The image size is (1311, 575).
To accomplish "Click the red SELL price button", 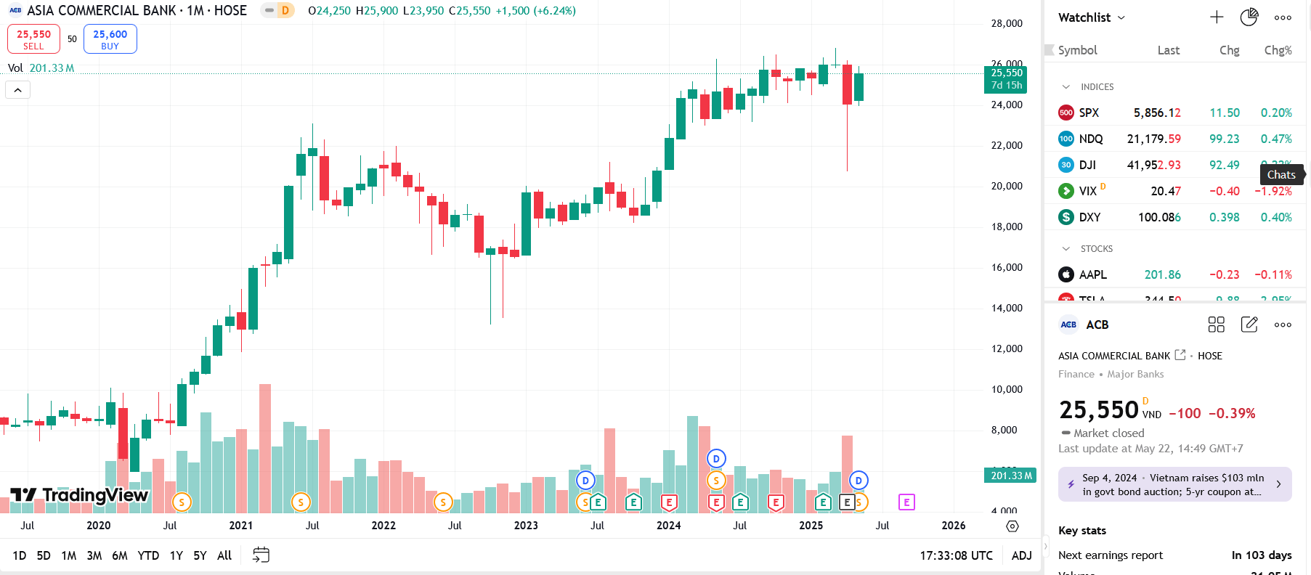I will click(33, 39).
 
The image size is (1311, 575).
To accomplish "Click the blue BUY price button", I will click(110, 39).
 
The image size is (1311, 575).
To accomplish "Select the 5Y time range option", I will click(200, 555).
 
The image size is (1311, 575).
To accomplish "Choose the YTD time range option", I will click(148, 555).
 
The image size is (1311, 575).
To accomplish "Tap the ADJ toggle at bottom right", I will click(1021, 555).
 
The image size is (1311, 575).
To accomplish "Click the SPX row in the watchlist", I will click(1089, 113).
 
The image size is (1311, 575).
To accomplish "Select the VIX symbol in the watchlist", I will click(1087, 191).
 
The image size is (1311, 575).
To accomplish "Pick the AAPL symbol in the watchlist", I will click(1092, 274).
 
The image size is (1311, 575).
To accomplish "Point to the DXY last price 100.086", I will click(1158, 217).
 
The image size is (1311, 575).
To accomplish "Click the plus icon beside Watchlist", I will click(1217, 17).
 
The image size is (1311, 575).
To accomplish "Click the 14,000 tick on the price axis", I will click(1007, 308).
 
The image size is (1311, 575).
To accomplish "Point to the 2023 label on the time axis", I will click(526, 526).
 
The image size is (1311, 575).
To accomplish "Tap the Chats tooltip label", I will click(1281, 174).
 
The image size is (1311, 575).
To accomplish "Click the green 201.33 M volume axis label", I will click(1011, 476).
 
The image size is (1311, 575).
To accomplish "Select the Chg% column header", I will click(1278, 50).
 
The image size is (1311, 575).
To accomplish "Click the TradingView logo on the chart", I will click(80, 495).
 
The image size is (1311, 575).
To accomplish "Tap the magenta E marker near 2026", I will click(906, 502).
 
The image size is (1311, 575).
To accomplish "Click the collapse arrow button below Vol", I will click(18, 90).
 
